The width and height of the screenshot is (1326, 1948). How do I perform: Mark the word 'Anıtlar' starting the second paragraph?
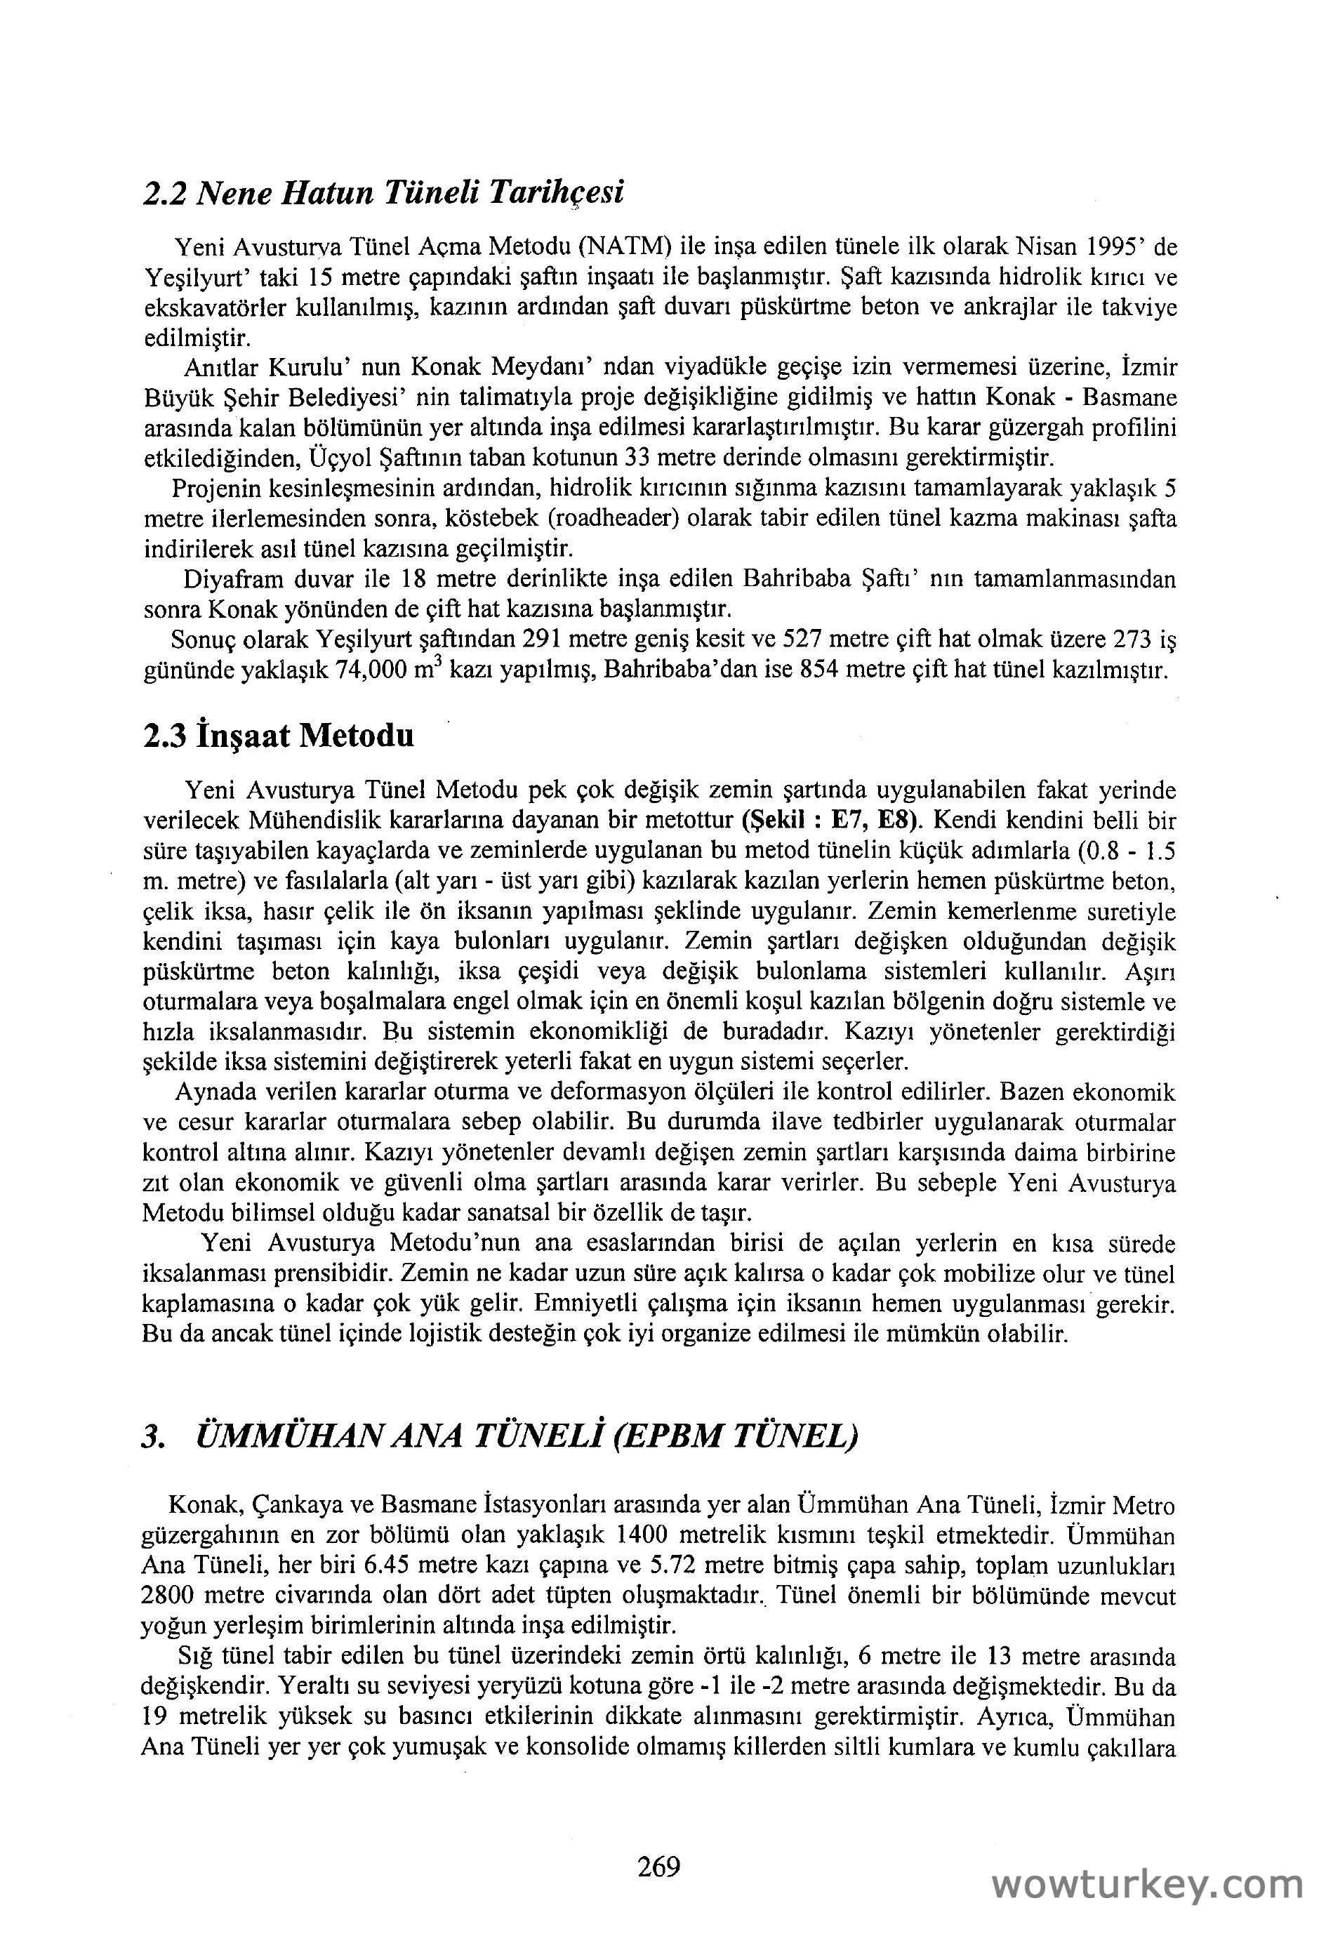click(x=221, y=368)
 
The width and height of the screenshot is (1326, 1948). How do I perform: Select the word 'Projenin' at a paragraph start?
click(x=211, y=489)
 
